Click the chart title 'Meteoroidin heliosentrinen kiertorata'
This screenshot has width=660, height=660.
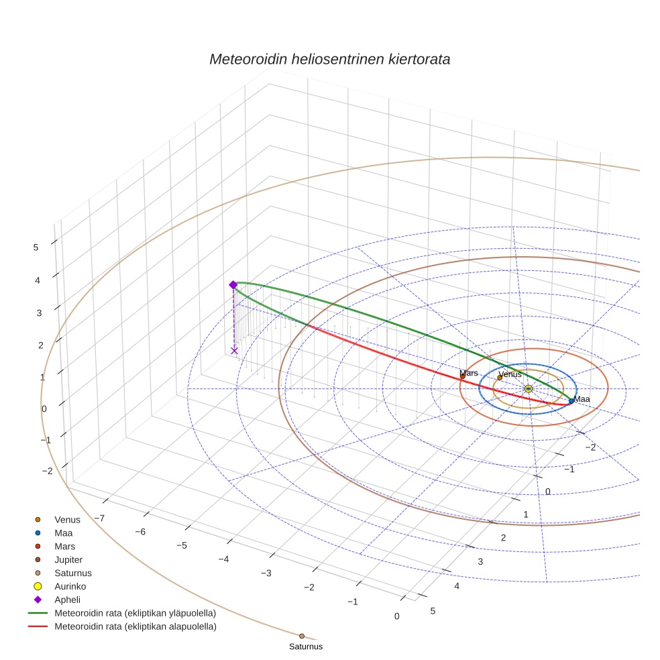point(329,59)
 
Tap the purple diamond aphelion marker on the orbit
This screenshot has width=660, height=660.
point(233,285)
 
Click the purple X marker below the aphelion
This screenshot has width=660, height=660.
point(234,351)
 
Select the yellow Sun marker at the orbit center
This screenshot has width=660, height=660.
point(529,388)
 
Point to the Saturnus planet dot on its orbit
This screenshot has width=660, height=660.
point(302,636)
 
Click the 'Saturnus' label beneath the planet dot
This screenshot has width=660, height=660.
point(306,647)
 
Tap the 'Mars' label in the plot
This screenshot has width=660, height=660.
point(469,373)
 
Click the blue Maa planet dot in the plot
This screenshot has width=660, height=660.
point(571,401)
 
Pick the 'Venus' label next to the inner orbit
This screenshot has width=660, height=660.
point(510,374)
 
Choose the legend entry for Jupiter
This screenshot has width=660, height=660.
point(68,559)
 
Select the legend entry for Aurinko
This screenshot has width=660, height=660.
point(70,586)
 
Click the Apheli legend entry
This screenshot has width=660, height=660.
point(67,600)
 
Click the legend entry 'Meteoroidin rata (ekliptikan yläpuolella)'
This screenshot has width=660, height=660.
point(134,613)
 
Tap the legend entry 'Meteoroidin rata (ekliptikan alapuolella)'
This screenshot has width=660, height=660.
point(135,626)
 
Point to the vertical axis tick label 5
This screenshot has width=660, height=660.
point(36,247)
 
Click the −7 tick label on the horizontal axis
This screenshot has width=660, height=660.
point(99,518)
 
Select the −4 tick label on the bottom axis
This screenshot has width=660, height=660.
point(224,559)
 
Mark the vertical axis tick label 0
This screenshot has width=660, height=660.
point(44,408)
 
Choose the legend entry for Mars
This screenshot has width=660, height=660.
point(64,546)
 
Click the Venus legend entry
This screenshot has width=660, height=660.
point(67,519)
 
